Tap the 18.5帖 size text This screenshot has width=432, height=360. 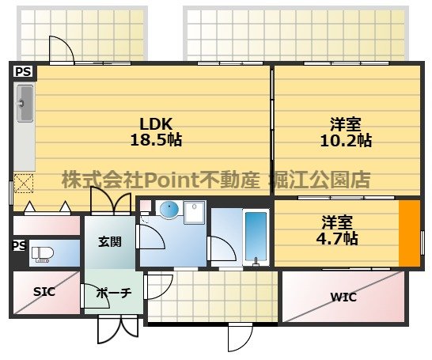point(156,140)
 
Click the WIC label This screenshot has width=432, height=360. point(343,297)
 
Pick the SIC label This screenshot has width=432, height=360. point(44,291)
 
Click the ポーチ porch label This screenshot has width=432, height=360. point(113,293)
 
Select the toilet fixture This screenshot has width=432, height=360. point(41,254)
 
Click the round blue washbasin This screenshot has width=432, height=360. point(168,210)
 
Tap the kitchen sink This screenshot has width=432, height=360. point(25,104)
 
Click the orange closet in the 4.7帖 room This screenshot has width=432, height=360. point(409,234)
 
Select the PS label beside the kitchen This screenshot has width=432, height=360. point(24,71)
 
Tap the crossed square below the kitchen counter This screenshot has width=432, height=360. point(24,184)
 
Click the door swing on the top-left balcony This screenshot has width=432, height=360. point(61,50)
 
